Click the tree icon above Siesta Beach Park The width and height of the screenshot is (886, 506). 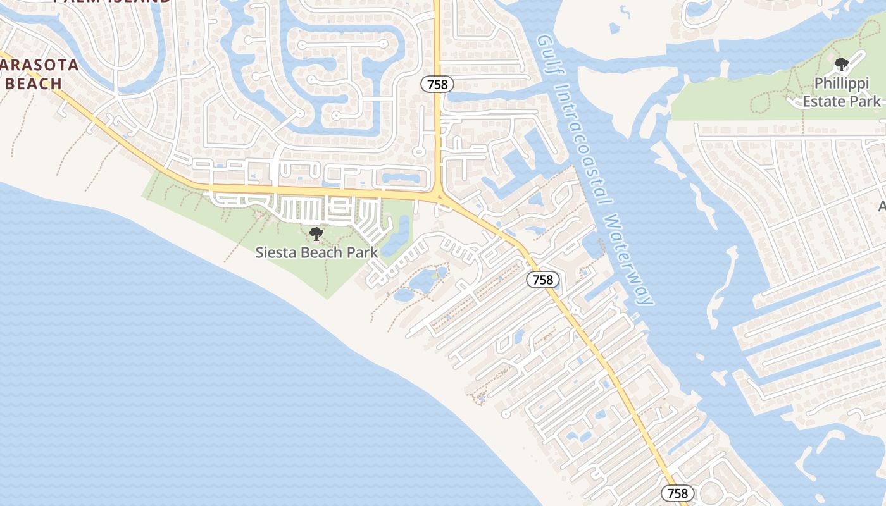[316, 234]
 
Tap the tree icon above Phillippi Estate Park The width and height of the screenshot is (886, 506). [842, 65]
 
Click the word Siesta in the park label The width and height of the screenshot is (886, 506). [275, 252]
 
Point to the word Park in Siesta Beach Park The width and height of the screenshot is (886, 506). [363, 252]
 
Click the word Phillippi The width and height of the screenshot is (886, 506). [841, 83]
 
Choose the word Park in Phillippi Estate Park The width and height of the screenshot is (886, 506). [864, 101]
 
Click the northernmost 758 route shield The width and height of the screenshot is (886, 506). [437, 83]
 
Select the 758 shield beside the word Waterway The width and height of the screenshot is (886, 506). [543, 280]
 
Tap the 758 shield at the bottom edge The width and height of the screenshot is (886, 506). [677, 493]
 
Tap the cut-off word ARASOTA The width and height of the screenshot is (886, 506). [39, 65]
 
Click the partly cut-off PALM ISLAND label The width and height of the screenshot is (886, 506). [113, 2]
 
